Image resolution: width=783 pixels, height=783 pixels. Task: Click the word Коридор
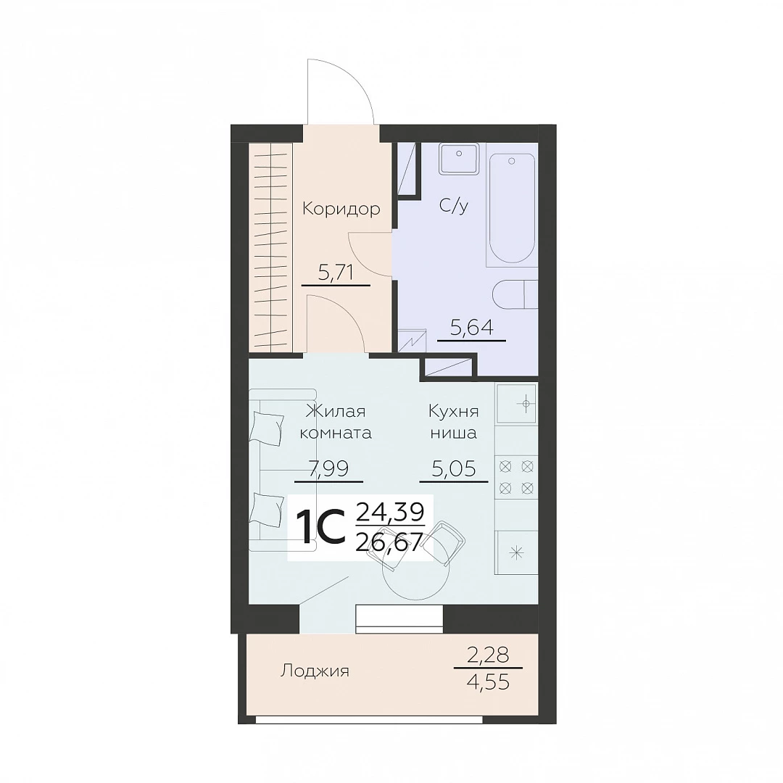point(341,209)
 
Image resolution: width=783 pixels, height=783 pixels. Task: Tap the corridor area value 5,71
point(336,273)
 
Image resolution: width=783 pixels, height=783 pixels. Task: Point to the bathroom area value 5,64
point(471,328)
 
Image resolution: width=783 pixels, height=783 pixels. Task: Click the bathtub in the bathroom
point(512,208)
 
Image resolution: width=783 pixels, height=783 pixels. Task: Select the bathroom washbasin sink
point(458,159)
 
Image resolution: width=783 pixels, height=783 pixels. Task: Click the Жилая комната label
point(336,422)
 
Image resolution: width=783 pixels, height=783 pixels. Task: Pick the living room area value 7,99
point(328,468)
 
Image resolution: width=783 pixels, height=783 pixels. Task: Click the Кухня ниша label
point(453,422)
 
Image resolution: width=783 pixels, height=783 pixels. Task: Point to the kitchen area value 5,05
point(453,468)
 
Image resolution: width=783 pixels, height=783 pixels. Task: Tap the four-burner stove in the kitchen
point(516,477)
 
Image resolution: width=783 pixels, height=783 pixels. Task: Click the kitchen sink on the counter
point(516,402)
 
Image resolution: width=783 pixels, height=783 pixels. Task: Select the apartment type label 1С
point(320,527)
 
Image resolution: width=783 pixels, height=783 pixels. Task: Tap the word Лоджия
point(315,671)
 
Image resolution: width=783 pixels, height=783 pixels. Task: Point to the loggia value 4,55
point(489,681)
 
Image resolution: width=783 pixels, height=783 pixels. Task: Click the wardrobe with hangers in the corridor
point(270,246)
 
